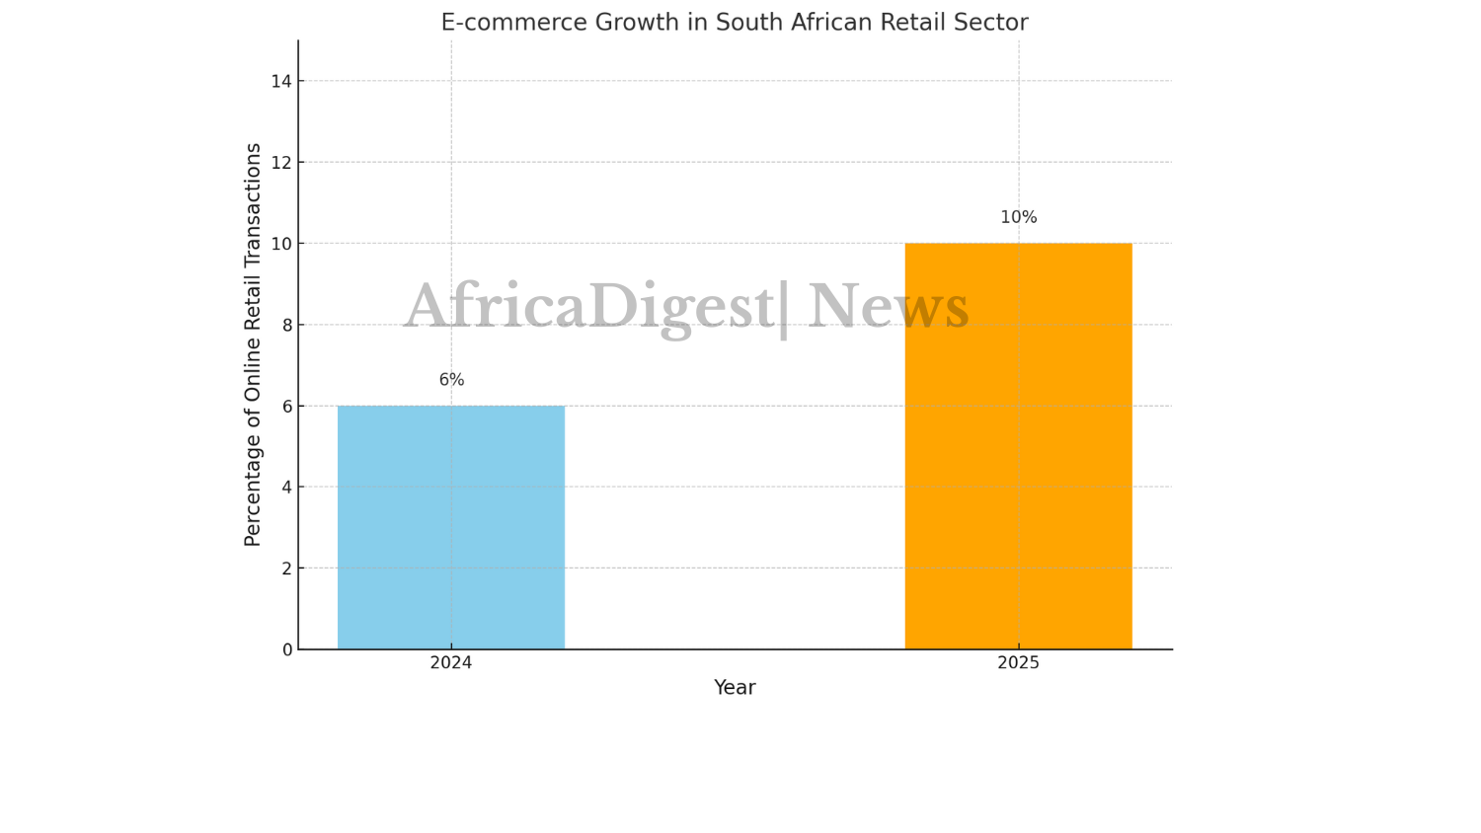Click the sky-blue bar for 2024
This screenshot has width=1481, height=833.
pyautogui.click(x=451, y=527)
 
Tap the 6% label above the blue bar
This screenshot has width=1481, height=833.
pyautogui.click(x=451, y=380)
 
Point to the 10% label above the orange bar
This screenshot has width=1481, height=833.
pyautogui.click(x=1018, y=217)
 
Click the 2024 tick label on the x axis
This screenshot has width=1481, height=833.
pyautogui.click(x=451, y=663)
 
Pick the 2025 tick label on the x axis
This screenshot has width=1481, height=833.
pyautogui.click(x=1018, y=663)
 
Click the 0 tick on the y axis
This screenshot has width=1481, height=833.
pyautogui.click(x=287, y=649)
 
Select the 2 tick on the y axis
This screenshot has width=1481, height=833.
pyautogui.click(x=287, y=568)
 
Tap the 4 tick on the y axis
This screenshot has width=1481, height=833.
pyautogui.click(x=287, y=487)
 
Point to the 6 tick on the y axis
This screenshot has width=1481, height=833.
pyautogui.click(x=287, y=406)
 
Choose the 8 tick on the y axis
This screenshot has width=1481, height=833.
pyautogui.click(x=287, y=325)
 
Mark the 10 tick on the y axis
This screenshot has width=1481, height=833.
pyautogui.click(x=282, y=244)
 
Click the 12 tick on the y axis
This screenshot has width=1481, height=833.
pyautogui.click(x=282, y=162)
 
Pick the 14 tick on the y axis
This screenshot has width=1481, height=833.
pyautogui.click(x=282, y=81)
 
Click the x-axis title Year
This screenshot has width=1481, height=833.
pyautogui.click(x=735, y=688)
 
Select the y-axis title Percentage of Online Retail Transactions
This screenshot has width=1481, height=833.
pyautogui.click(x=253, y=344)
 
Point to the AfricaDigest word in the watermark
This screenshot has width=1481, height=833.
pyautogui.click(x=589, y=306)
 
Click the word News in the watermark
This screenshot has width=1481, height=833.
pyautogui.click(x=889, y=306)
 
